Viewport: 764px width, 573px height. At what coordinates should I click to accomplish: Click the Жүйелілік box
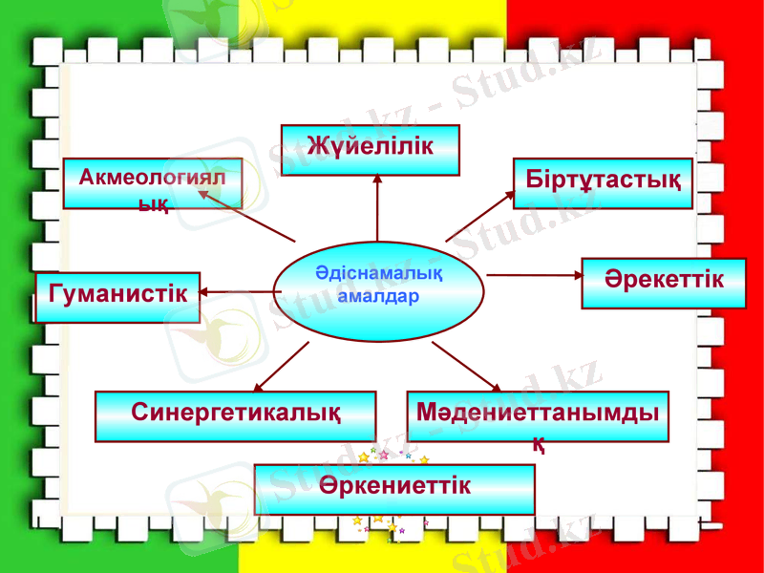(370, 149)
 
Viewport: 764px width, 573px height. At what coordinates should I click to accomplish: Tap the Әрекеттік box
(664, 283)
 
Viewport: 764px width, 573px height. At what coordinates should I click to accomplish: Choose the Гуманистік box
(117, 296)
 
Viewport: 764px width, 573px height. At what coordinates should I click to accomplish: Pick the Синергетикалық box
(235, 415)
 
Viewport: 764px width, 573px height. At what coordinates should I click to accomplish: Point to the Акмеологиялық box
(152, 183)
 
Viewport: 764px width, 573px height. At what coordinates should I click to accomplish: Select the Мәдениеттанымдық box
(538, 415)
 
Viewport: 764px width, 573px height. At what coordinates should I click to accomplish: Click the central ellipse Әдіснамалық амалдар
(379, 290)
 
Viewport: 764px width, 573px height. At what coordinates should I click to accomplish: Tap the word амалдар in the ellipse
(379, 296)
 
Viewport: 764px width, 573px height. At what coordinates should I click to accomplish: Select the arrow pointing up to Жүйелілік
(377, 206)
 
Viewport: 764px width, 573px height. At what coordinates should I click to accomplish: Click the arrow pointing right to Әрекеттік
(535, 275)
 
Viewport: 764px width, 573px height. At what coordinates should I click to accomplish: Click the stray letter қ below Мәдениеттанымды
(539, 444)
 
